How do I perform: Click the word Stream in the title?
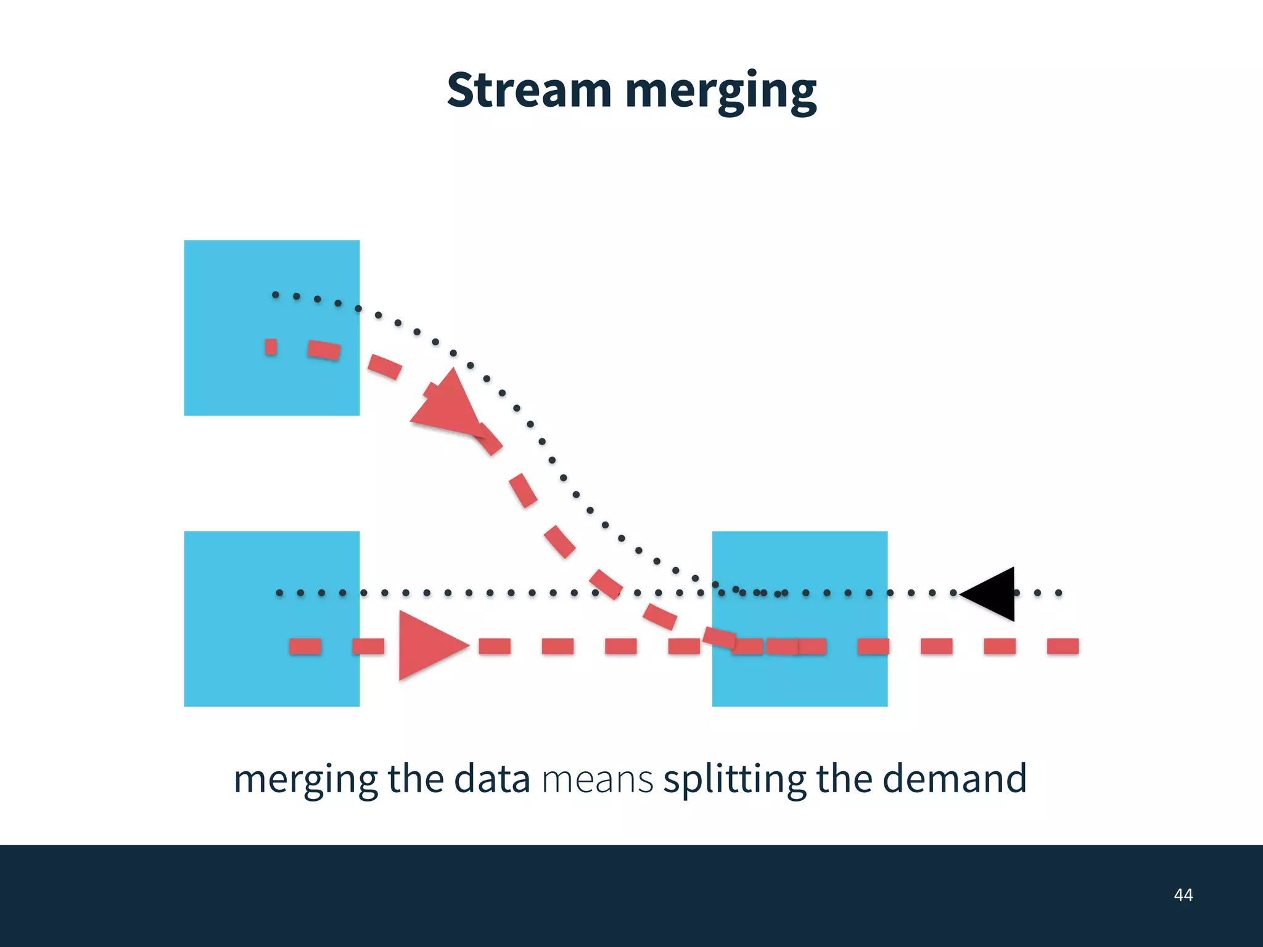pyautogui.click(x=529, y=91)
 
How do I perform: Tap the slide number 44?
pyautogui.click(x=1183, y=895)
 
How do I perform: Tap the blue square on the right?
pyautogui.click(x=799, y=678)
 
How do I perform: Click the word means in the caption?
pyautogui.click(x=597, y=779)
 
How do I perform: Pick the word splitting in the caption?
pyautogui.click(x=734, y=779)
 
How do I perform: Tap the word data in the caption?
pyautogui.click(x=492, y=779)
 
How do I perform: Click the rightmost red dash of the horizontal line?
pyautogui.click(x=1063, y=646)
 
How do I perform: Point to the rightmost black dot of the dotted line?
pyautogui.click(x=1058, y=593)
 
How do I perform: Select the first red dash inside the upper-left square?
pyautogui.click(x=271, y=347)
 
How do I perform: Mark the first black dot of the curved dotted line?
pyautogui.click(x=275, y=295)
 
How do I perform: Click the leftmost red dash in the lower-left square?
pyautogui.click(x=305, y=646)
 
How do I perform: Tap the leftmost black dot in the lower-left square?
pyautogui.click(x=279, y=593)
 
